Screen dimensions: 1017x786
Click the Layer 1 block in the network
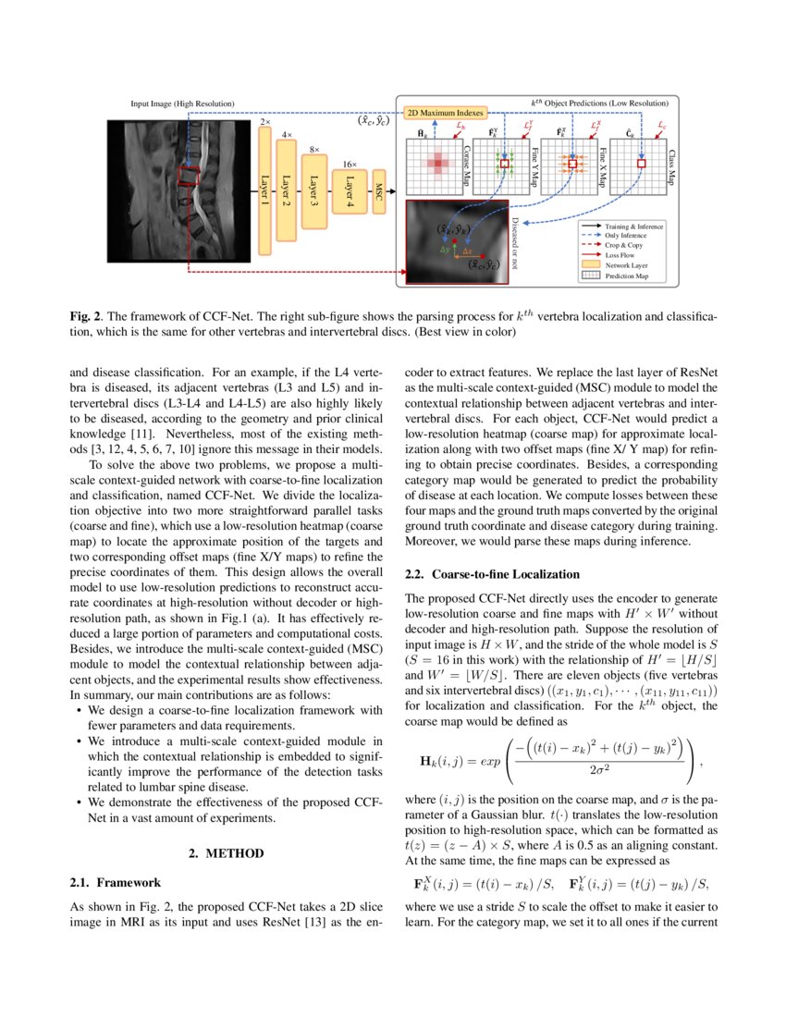265,191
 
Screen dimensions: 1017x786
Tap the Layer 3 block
314,191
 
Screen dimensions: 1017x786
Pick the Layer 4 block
350,191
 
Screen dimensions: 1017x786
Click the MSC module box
378,191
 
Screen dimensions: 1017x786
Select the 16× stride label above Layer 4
350,164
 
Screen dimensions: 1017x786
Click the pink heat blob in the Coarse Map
436,164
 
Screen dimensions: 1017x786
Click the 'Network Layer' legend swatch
588,264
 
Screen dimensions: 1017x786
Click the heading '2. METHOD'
227,852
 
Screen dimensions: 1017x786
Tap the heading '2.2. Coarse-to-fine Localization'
492,574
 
